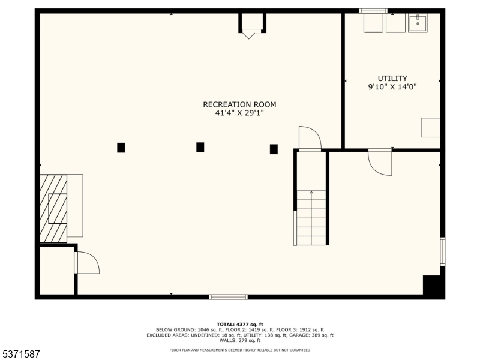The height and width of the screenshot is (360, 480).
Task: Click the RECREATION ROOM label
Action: pos(239,104)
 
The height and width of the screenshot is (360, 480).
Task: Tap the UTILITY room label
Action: pos(392,78)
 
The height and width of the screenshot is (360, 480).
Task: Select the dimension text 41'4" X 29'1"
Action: pos(239,113)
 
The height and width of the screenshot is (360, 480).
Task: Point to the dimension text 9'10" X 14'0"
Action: pos(392,87)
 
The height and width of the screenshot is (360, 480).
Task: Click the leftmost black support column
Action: pos(121,148)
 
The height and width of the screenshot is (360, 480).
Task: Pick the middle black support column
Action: pos(200,147)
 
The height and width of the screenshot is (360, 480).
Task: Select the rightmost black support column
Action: pos(274,149)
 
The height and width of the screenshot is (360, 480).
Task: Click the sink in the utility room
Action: pos(418,23)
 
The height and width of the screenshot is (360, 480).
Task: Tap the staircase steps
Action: pos(311,218)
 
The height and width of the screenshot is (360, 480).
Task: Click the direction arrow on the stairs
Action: pos(311,193)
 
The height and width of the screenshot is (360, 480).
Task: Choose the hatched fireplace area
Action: pos(53,208)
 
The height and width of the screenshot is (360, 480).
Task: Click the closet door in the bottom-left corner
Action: pos(88,263)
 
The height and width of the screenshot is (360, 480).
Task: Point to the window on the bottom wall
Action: pos(229,297)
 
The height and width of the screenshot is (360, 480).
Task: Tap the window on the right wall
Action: pos(443,251)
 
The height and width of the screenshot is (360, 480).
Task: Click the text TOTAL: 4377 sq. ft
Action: pos(239,325)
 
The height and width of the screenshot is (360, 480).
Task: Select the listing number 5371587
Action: pos(20,354)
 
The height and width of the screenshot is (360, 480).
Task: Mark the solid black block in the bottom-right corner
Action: pos(434,287)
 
